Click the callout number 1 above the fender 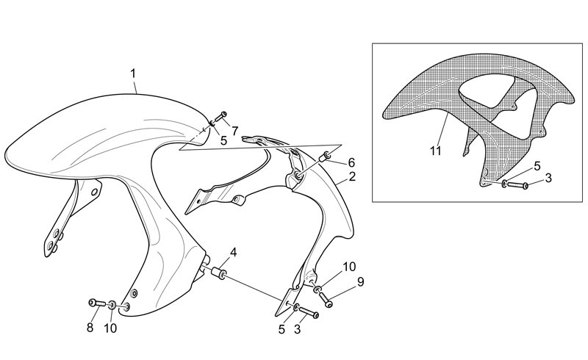133,73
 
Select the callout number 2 352,176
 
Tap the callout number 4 233,253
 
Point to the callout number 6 351,163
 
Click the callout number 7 234,132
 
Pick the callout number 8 90,328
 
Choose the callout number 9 360,282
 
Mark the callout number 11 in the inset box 435,151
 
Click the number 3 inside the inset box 548,178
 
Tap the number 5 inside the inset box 537,166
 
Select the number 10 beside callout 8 110,328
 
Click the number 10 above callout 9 348,267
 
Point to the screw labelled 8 96,303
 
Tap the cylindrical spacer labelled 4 218,273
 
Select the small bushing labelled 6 324,156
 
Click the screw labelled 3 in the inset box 518,185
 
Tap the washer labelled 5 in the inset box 505,184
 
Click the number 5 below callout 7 223,141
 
